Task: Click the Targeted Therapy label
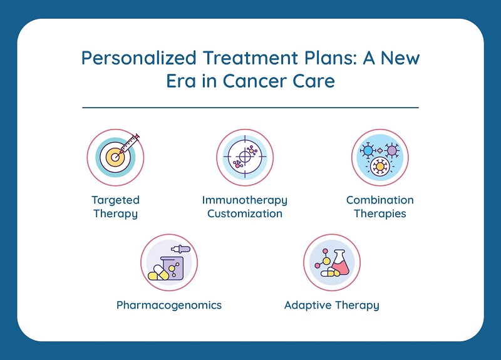pyautogui.click(x=115, y=207)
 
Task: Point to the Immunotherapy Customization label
pyautogui.click(x=245, y=207)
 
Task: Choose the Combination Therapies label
pyautogui.click(x=380, y=207)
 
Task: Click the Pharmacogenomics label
pyautogui.click(x=169, y=306)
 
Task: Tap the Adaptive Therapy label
pyautogui.click(x=331, y=306)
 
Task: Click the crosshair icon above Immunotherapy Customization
pyautogui.click(x=244, y=158)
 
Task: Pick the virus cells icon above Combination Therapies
pyautogui.click(x=380, y=158)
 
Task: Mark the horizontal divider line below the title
pyautogui.click(x=250, y=107)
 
